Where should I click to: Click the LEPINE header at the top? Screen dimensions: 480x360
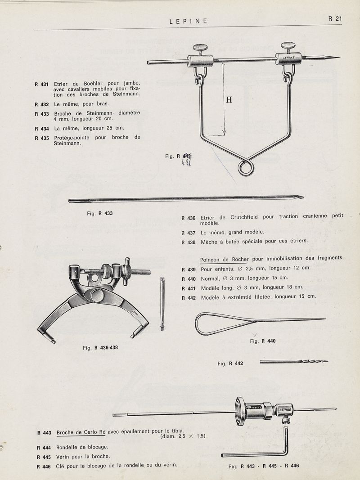click(188, 21)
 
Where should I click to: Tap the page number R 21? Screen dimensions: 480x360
click(335, 19)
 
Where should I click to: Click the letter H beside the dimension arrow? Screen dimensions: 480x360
click(229, 100)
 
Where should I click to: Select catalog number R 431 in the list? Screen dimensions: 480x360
click(41, 84)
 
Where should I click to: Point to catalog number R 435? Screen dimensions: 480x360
click(41, 138)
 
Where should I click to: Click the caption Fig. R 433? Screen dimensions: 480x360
click(99, 214)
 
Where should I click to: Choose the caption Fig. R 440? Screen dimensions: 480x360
click(262, 341)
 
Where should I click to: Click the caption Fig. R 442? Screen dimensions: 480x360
click(230, 363)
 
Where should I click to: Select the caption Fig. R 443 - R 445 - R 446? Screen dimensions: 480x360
click(264, 466)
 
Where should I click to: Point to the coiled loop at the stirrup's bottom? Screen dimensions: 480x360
click(246, 168)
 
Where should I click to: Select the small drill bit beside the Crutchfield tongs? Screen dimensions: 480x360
click(162, 304)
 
